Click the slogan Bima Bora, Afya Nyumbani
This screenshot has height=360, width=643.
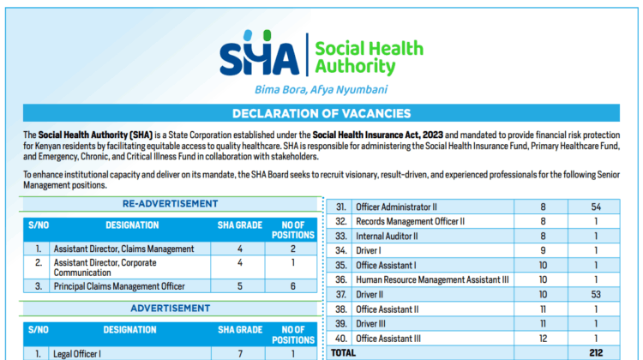pos(321,89)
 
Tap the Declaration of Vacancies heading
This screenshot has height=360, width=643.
pos(321,113)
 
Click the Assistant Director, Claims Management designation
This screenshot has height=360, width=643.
pos(123,249)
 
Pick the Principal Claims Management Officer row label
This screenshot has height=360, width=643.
pos(119,286)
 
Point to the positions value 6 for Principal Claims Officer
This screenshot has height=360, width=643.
pos(293,286)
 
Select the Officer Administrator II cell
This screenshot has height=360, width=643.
pos(396,207)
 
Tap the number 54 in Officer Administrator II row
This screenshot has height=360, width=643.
pos(597,207)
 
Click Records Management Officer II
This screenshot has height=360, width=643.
pos(410,221)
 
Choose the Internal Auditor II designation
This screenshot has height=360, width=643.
pos(388,236)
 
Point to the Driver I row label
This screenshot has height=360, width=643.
pos(371,250)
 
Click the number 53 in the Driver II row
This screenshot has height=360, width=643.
pos(597,294)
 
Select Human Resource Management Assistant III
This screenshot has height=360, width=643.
pos(433,279)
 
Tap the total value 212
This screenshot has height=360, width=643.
pos(597,352)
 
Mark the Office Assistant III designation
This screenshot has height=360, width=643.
pos(389,338)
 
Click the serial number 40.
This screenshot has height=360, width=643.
pos(340,338)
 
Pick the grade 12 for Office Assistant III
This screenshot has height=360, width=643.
pos(542,338)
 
